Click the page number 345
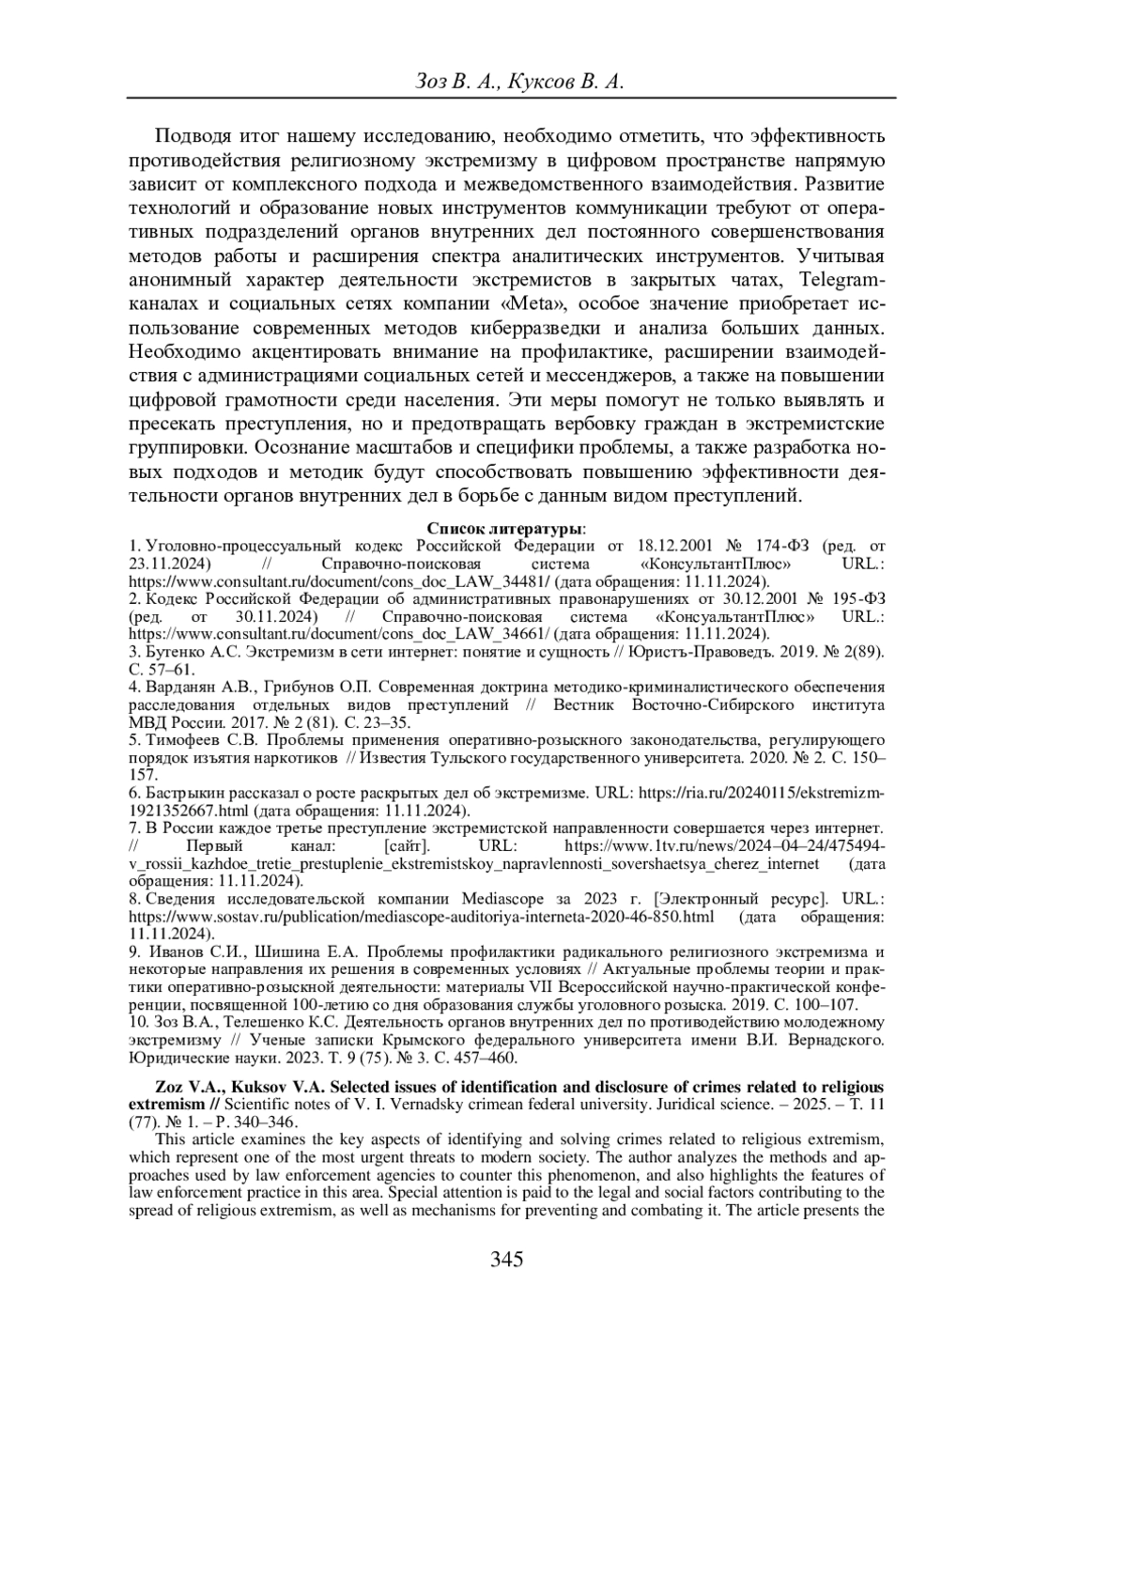(x=506, y=1260)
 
